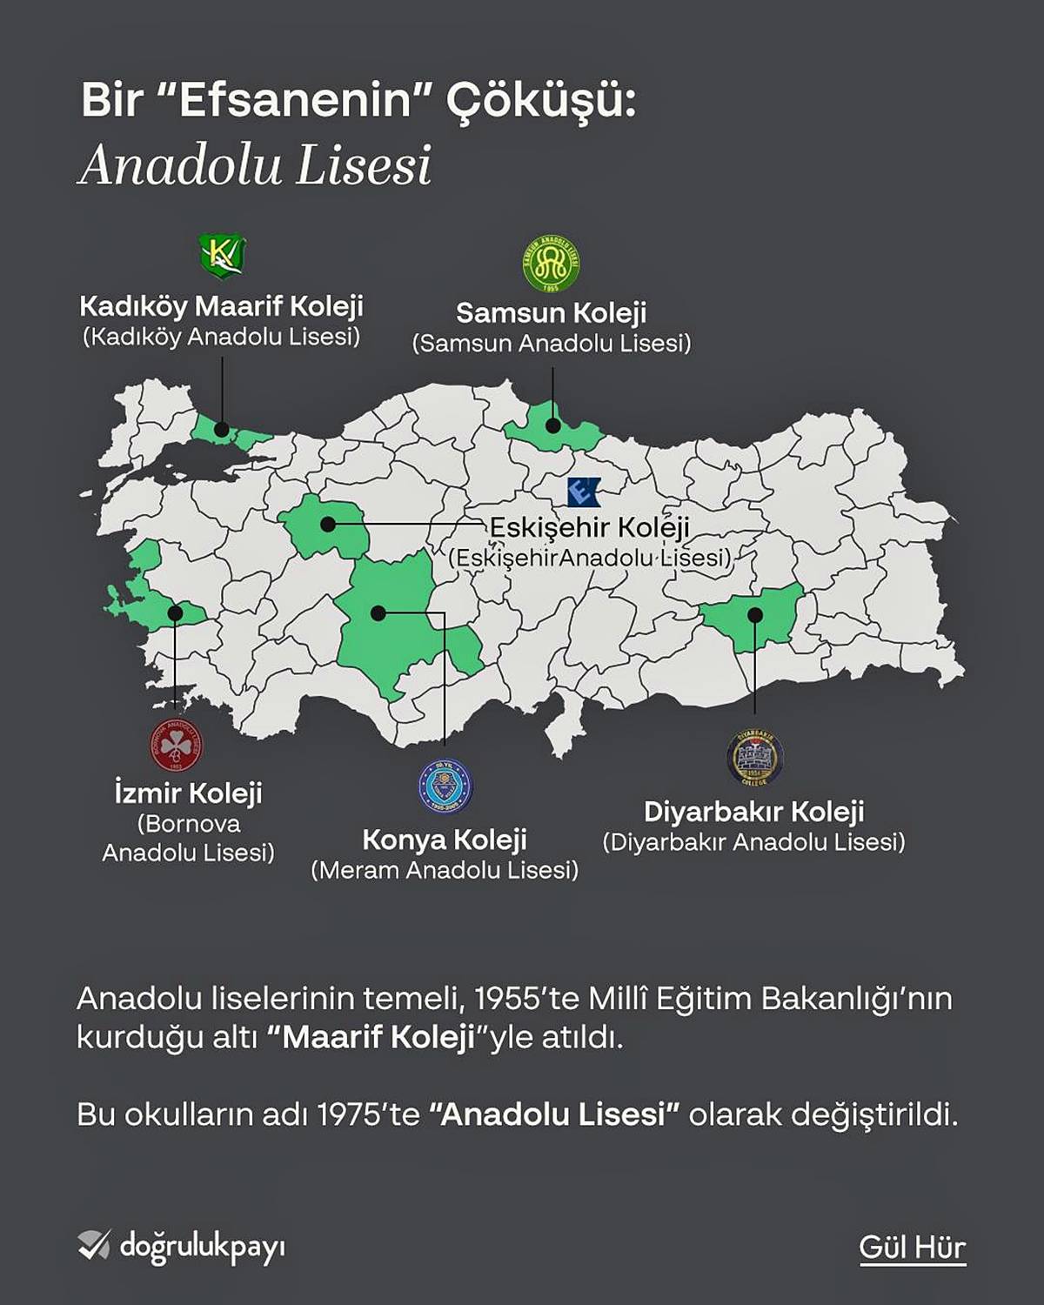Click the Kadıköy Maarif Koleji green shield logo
[222, 256]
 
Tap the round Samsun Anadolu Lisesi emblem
[551, 264]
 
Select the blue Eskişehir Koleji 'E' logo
[582, 492]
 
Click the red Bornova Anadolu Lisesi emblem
[175, 745]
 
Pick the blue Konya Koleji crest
[444, 786]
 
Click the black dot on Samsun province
[553, 425]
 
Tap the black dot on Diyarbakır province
[755, 615]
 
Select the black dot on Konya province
[378, 613]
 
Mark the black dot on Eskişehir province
[327, 524]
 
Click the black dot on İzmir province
[175, 613]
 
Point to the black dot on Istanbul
[222, 429]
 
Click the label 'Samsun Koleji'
[551, 312]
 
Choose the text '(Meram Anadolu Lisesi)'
[445, 870]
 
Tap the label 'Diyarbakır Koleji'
[753, 812]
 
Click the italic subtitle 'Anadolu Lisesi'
[256, 165]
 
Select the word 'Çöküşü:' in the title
[541, 100]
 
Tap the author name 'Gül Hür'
[912, 1247]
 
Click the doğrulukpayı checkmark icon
[94, 1245]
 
